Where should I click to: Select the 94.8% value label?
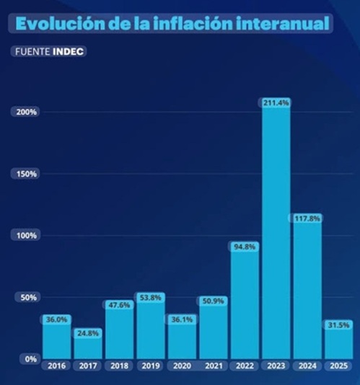[244, 247]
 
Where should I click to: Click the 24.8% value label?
[88, 333]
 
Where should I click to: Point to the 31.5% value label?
[338, 324]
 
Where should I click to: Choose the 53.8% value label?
[150, 297]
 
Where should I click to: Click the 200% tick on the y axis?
[27, 112]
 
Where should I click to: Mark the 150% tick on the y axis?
[27, 174]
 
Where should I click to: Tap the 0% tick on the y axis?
[30, 359]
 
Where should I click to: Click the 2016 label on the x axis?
[57, 366]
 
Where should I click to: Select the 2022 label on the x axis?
[244, 366]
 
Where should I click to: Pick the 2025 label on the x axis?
[338, 366]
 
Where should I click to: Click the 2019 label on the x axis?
[150, 366]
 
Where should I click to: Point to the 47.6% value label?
[119, 305]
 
